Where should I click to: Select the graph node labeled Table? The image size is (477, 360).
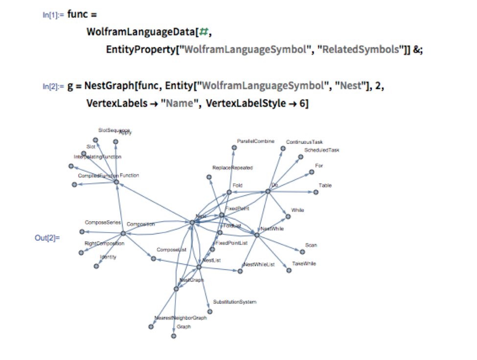point(316,192)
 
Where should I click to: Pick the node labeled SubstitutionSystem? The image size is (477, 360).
point(209,311)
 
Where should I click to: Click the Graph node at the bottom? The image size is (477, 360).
point(173,336)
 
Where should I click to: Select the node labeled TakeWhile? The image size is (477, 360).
point(289,270)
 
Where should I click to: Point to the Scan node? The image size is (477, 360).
point(302,252)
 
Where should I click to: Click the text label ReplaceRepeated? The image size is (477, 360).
point(232,168)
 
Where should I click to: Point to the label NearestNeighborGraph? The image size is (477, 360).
point(181,318)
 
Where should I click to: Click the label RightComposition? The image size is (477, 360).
point(104,243)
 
